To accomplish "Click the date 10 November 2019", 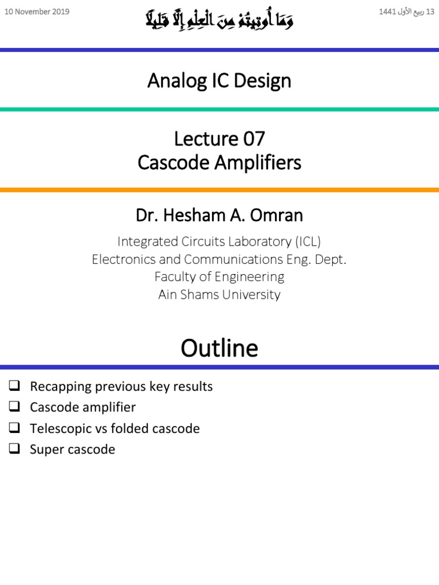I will click(37, 11).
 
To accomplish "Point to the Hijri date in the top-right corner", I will click(406, 11).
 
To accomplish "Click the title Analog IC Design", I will click(219, 81).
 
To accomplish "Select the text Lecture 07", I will click(219, 139).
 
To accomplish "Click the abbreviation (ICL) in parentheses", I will click(309, 242).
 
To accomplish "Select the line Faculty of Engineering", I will click(219, 277).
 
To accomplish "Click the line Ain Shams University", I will click(219, 295).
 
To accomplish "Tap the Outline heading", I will click(219, 347).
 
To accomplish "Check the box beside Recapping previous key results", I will click(15, 386).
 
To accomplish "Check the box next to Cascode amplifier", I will click(15, 407).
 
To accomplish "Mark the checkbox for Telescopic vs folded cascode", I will click(15, 428).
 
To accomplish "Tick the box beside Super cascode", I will click(15, 450).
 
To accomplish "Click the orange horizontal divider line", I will click(219, 190).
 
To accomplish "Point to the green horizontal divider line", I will click(219, 109).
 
